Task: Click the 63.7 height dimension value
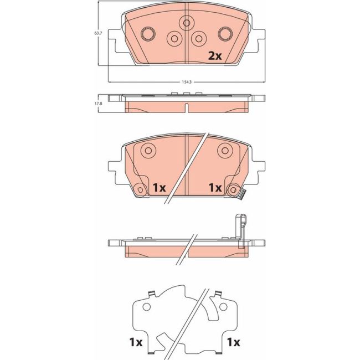point(98,33)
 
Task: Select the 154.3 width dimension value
point(187,82)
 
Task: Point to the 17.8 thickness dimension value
point(98,104)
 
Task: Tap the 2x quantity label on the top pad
point(215,56)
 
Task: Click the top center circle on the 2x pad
point(187,23)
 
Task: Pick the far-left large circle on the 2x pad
point(148,34)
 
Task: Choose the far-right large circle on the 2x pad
point(225,34)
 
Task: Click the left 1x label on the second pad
point(160,188)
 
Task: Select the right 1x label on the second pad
point(215,188)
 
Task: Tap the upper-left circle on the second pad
point(148,151)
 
